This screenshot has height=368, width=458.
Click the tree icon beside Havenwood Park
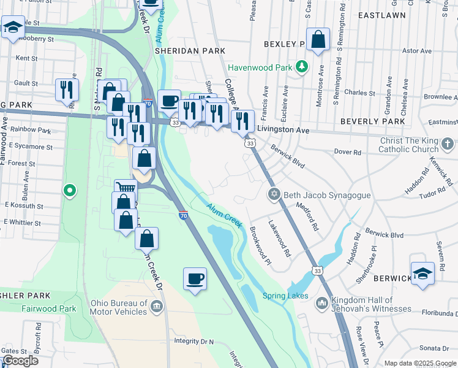(x=301, y=66)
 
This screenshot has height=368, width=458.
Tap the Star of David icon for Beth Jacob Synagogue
(x=274, y=194)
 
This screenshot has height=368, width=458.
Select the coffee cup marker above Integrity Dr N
(x=195, y=278)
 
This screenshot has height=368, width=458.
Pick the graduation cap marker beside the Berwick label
(x=422, y=274)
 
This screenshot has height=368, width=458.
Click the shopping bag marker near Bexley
(x=318, y=40)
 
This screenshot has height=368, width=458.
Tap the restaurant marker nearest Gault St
(x=67, y=90)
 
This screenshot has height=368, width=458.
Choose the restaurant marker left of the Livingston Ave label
(x=242, y=120)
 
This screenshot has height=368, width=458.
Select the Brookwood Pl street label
(x=260, y=245)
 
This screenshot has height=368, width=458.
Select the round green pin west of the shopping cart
(x=70, y=191)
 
